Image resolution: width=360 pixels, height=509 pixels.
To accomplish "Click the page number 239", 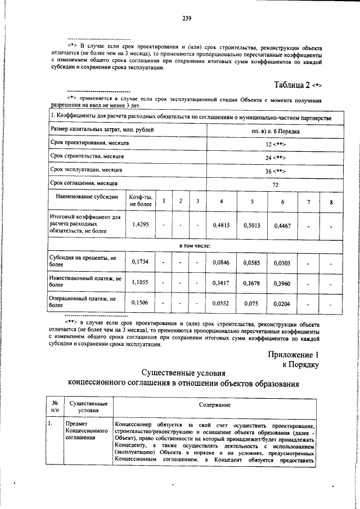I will point(187,19).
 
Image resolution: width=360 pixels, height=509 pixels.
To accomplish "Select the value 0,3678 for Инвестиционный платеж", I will point(252,283).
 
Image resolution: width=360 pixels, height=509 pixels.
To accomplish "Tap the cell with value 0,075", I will point(252,303).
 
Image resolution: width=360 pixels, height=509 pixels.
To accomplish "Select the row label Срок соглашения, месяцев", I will point(83,183).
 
